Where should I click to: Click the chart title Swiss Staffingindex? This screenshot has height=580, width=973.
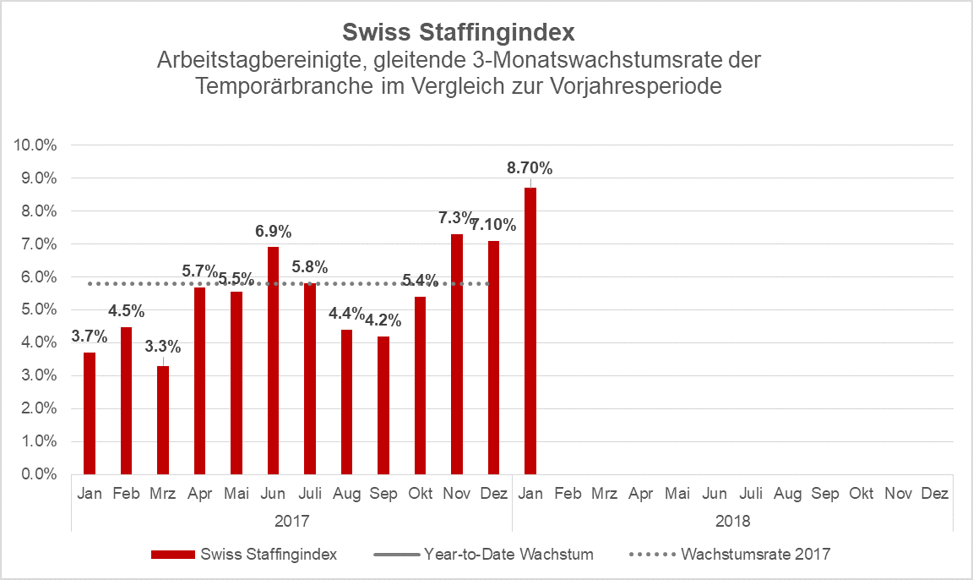459,33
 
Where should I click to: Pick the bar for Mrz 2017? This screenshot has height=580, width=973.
163,420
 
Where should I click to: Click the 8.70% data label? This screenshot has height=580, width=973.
530,168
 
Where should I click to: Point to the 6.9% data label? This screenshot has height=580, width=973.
273,231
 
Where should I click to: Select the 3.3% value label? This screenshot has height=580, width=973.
162,346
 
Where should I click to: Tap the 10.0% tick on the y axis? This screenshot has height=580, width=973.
35,145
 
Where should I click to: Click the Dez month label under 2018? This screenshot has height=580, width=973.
934,494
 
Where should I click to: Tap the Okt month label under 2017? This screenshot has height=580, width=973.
420,494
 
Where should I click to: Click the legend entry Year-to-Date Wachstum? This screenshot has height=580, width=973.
508,555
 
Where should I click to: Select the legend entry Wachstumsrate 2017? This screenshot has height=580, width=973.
755,555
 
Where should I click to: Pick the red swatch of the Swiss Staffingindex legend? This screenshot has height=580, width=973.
172,555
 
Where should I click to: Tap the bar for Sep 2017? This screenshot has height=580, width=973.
383,406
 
